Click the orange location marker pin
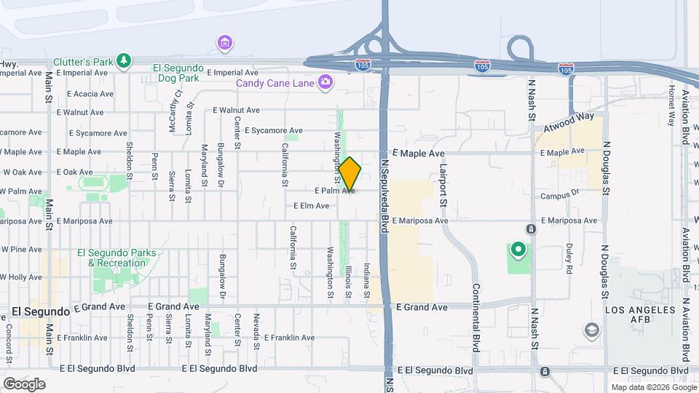pyautogui.click(x=349, y=174)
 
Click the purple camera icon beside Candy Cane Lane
pyautogui.click(x=325, y=83)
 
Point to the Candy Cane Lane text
pyautogui.click(x=275, y=83)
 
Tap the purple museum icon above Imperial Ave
pyautogui.click(x=225, y=43)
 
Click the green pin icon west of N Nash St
pyautogui.click(x=518, y=251)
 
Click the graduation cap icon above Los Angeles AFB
pyautogui.click(x=592, y=332)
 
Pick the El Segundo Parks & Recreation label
pyautogui.click(x=116, y=258)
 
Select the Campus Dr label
pyautogui.click(x=559, y=194)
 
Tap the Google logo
pyautogui.click(x=24, y=384)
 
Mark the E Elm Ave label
pyautogui.click(x=312, y=206)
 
